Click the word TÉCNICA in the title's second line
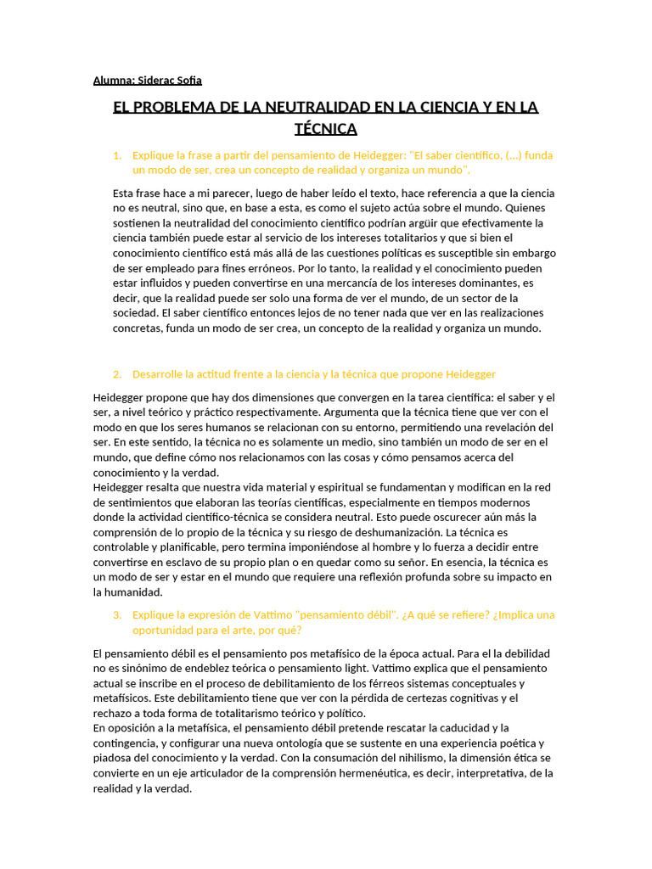[325, 129]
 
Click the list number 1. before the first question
[117, 155]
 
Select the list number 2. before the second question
[117, 374]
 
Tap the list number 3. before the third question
[117, 614]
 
